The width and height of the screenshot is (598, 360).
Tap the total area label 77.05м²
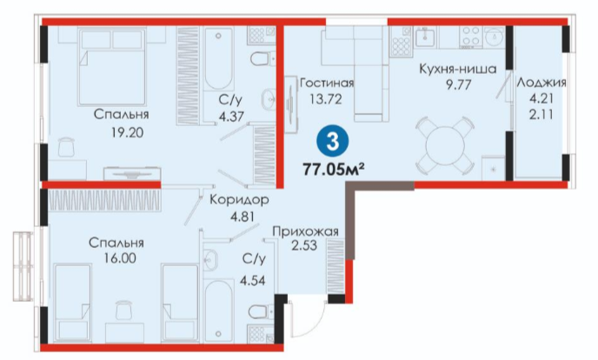pyautogui.click(x=332, y=169)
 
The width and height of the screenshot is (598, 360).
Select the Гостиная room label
pyautogui.click(x=327, y=83)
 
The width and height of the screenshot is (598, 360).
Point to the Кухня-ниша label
pyautogui.click(x=458, y=69)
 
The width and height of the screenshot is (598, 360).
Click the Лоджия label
pyautogui.click(x=542, y=83)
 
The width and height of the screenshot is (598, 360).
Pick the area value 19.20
pyautogui.click(x=128, y=132)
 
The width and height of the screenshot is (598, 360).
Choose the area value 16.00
pyautogui.click(x=119, y=258)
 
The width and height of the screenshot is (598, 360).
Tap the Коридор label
pyautogui.click(x=239, y=199)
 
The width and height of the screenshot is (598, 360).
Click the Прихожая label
pyautogui.click(x=305, y=231)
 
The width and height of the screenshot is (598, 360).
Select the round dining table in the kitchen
pyautogui.click(x=445, y=145)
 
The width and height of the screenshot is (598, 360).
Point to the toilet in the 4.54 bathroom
pyautogui.click(x=262, y=312)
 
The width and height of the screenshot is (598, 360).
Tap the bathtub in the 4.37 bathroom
pyautogui.click(x=218, y=59)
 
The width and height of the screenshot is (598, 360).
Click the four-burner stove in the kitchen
pyautogui.click(x=471, y=37)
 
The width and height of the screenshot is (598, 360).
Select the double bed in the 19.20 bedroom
pyautogui.click(x=112, y=67)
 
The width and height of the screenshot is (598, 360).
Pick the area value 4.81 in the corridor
pyautogui.click(x=243, y=217)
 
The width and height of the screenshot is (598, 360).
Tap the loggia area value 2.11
pyautogui.click(x=541, y=114)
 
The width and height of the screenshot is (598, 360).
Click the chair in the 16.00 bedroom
pyautogui.click(x=123, y=310)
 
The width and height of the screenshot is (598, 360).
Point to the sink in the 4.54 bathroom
pyautogui.click(x=209, y=260)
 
